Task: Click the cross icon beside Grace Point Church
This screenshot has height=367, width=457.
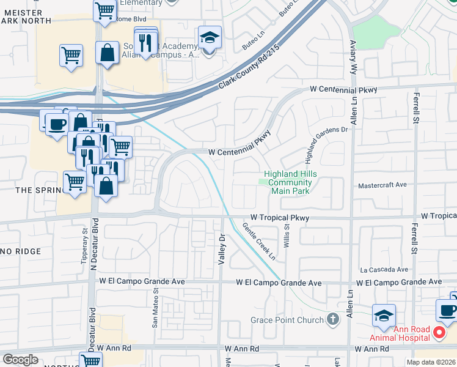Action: (x=332, y=319)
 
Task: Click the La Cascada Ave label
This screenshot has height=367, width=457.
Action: (x=384, y=269)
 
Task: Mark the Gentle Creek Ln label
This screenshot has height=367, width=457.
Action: (x=260, y=242)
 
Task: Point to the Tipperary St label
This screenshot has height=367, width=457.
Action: (x=85, y=240)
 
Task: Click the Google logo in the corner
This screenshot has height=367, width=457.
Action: (x=20, y=360)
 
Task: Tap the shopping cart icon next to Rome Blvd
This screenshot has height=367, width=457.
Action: (x=104, y=10)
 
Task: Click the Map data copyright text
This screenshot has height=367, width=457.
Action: (x=430, y=362)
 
